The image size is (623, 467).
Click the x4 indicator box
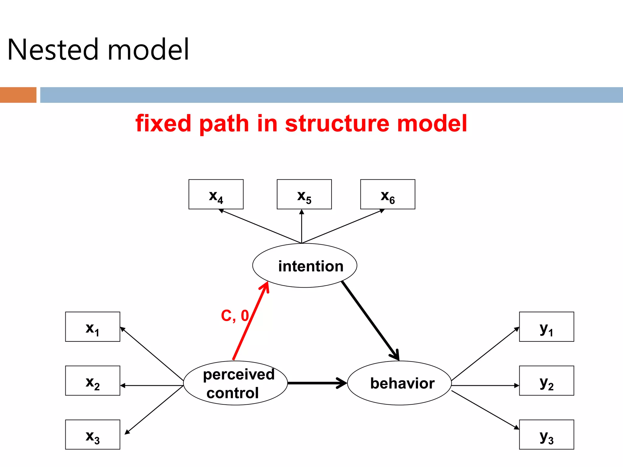click(216, 194)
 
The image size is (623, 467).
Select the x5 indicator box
click(304, 194)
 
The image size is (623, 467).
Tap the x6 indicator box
click(388, 194)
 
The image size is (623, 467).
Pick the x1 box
click(92, 327)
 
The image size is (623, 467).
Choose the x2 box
click(92, 381)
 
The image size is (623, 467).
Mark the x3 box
click(92, 434)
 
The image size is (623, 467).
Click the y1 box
click(546, 327)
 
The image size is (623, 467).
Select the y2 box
click(546, 381)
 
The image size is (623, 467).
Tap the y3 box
click(546, 434)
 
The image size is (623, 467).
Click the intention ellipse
click(305, 265)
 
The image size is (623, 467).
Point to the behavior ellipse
click(399, 383)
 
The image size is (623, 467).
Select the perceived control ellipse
click(235, 383)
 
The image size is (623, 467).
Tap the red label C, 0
click(235, 316)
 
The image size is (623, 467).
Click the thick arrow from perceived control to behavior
click(316, 383)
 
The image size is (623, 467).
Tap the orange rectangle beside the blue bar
click(18, 95)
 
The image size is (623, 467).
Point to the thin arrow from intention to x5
click(301, 227)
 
